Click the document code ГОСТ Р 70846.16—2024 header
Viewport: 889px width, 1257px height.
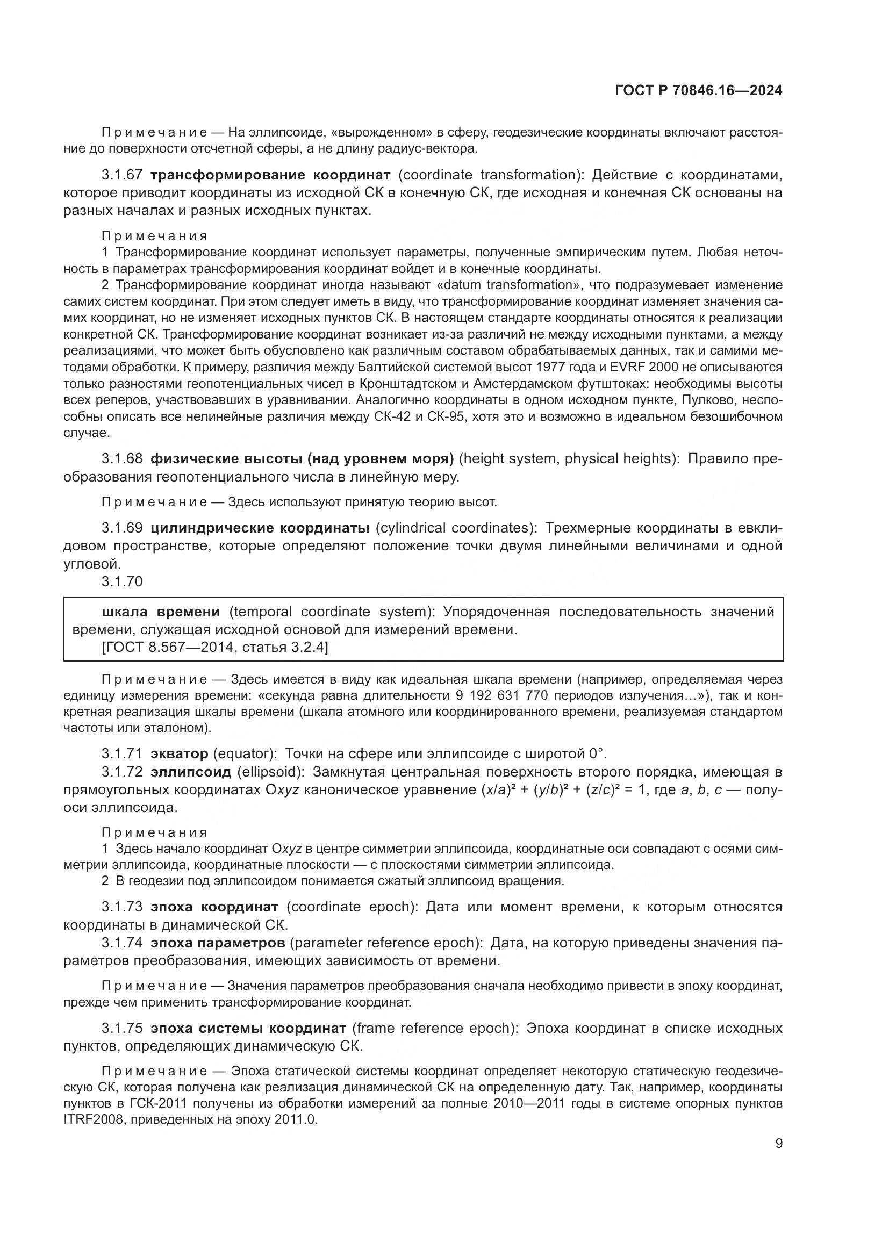[698, 90]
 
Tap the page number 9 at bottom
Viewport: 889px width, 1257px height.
[778, 1143]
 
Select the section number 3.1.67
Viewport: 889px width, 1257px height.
[122, 175]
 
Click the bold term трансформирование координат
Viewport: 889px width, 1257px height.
[270, 175]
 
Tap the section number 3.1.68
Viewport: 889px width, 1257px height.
[122, 459]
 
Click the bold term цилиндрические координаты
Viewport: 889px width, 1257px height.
[260, 528]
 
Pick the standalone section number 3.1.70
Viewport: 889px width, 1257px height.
[122, 581]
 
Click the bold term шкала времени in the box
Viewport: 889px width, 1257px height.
[161, 612]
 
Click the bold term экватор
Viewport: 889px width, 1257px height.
[179, 754]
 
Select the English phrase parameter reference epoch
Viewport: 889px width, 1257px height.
[386, 943]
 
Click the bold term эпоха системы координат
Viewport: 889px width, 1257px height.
[248, 1028]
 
